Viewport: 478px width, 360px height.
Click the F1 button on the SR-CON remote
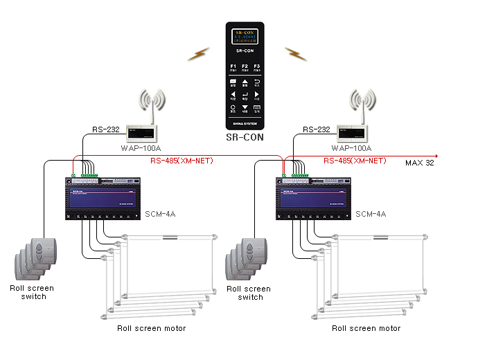click(233, 66)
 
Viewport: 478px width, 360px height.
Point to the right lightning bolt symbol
click(295, 53)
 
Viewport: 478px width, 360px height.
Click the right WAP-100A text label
click(352, 148)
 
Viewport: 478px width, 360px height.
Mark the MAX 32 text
click(420, 163)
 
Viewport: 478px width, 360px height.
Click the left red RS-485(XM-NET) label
click(182, 161)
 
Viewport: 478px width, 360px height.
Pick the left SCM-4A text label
click(161, 214)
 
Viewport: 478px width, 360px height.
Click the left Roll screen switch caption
click(32, 292)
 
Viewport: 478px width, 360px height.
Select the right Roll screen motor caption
click(366, 328)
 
